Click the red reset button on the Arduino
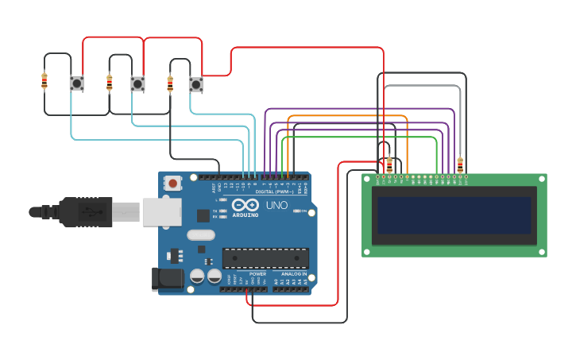172,184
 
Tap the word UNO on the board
276,205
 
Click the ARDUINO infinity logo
245,206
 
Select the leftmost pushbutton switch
76,83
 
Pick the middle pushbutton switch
137,83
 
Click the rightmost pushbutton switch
195,83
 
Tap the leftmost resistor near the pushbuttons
44,81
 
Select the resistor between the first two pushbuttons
110,82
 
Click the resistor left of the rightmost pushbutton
170,83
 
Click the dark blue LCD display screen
454,215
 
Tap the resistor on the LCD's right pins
460,165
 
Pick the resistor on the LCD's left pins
389,165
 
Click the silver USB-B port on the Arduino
161,212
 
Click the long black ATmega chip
265,258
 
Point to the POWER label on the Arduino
257,274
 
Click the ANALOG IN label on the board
293,274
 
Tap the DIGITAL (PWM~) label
274,192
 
